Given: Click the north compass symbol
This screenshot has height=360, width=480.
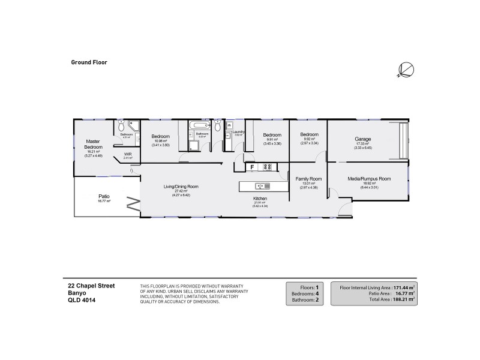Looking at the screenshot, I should point(406,70).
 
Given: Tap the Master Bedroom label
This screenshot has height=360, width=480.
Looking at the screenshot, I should point(92,143).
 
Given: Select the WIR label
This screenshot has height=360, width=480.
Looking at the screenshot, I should point(128,154).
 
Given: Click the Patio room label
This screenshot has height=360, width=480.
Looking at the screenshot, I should point(104,196).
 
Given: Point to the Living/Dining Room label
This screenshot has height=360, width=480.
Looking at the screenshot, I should point(181,187).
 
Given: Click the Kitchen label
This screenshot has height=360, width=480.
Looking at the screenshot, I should point(260,198).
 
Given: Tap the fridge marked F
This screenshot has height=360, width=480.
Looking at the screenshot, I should point(253,167).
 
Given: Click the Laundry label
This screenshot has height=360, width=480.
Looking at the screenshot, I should point(238,131).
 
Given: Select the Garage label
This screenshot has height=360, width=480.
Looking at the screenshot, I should point(364,139).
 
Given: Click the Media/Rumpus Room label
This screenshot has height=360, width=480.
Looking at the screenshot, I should point(369,179).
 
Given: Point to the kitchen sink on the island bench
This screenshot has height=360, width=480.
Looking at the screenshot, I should point(262,186).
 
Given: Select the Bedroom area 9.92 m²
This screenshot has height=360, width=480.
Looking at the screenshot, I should point(308,140).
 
